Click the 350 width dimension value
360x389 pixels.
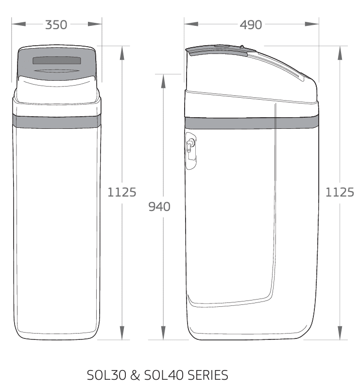pos(56,25)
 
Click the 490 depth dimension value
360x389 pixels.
pos(251,25)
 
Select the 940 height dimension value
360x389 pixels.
pos(159,207)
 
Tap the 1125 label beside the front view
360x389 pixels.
pos(122,192)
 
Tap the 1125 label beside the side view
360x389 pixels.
pos(340,192)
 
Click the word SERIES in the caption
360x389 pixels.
pos(207,375)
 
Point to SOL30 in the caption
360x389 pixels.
pos(106,375)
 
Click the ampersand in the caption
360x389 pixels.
pos(135,375)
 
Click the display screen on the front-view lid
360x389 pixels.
pos(57,60)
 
